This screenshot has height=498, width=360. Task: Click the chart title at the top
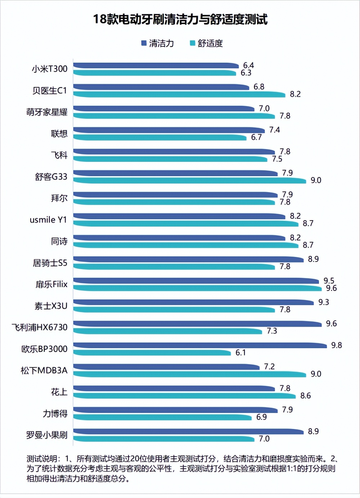[x=180, y=19]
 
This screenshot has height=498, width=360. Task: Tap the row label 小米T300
[x=49, y=69]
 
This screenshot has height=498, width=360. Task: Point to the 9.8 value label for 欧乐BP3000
[x=336, y=345]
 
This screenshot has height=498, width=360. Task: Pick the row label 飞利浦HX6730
[x=40, y=327]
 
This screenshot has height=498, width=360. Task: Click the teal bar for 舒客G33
[x=189, y=181]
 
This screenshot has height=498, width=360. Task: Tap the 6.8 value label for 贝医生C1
[x=258, y=87]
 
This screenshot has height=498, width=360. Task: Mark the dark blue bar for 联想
[x=169, y=130]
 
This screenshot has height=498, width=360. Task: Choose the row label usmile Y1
[x=48, y=220]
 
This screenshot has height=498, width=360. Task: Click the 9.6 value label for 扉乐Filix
[x=331, y=288]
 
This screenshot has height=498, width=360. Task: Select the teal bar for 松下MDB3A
[x=189, y=374]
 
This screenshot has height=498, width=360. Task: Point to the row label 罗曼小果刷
[x=46, y=435]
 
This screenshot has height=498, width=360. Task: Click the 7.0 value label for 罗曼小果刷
[x=264, y=439]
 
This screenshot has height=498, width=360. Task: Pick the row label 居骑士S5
[x=50, y=263]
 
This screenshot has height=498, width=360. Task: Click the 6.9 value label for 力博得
[x=261, y=417]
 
